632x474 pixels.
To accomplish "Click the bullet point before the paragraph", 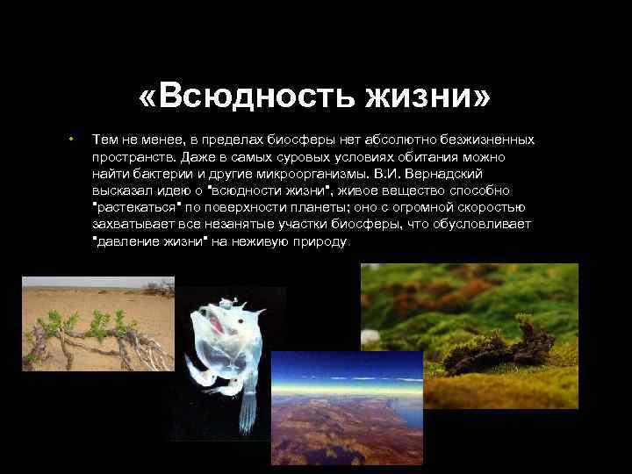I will click(68, 140).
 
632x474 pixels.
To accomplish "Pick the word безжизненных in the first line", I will click(482, 140).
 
